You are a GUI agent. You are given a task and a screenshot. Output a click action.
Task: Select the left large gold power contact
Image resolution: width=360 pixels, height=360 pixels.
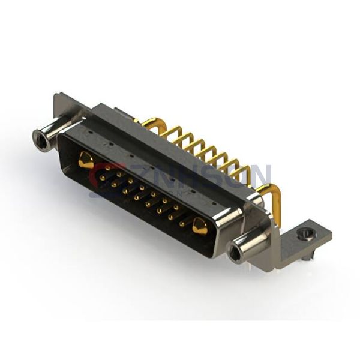(x=86, y=160)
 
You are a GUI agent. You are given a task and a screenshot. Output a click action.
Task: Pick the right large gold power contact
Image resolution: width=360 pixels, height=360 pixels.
(x=200, y=226)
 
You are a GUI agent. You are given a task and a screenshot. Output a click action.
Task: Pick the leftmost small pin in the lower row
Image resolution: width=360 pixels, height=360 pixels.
(x=101, y=178)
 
